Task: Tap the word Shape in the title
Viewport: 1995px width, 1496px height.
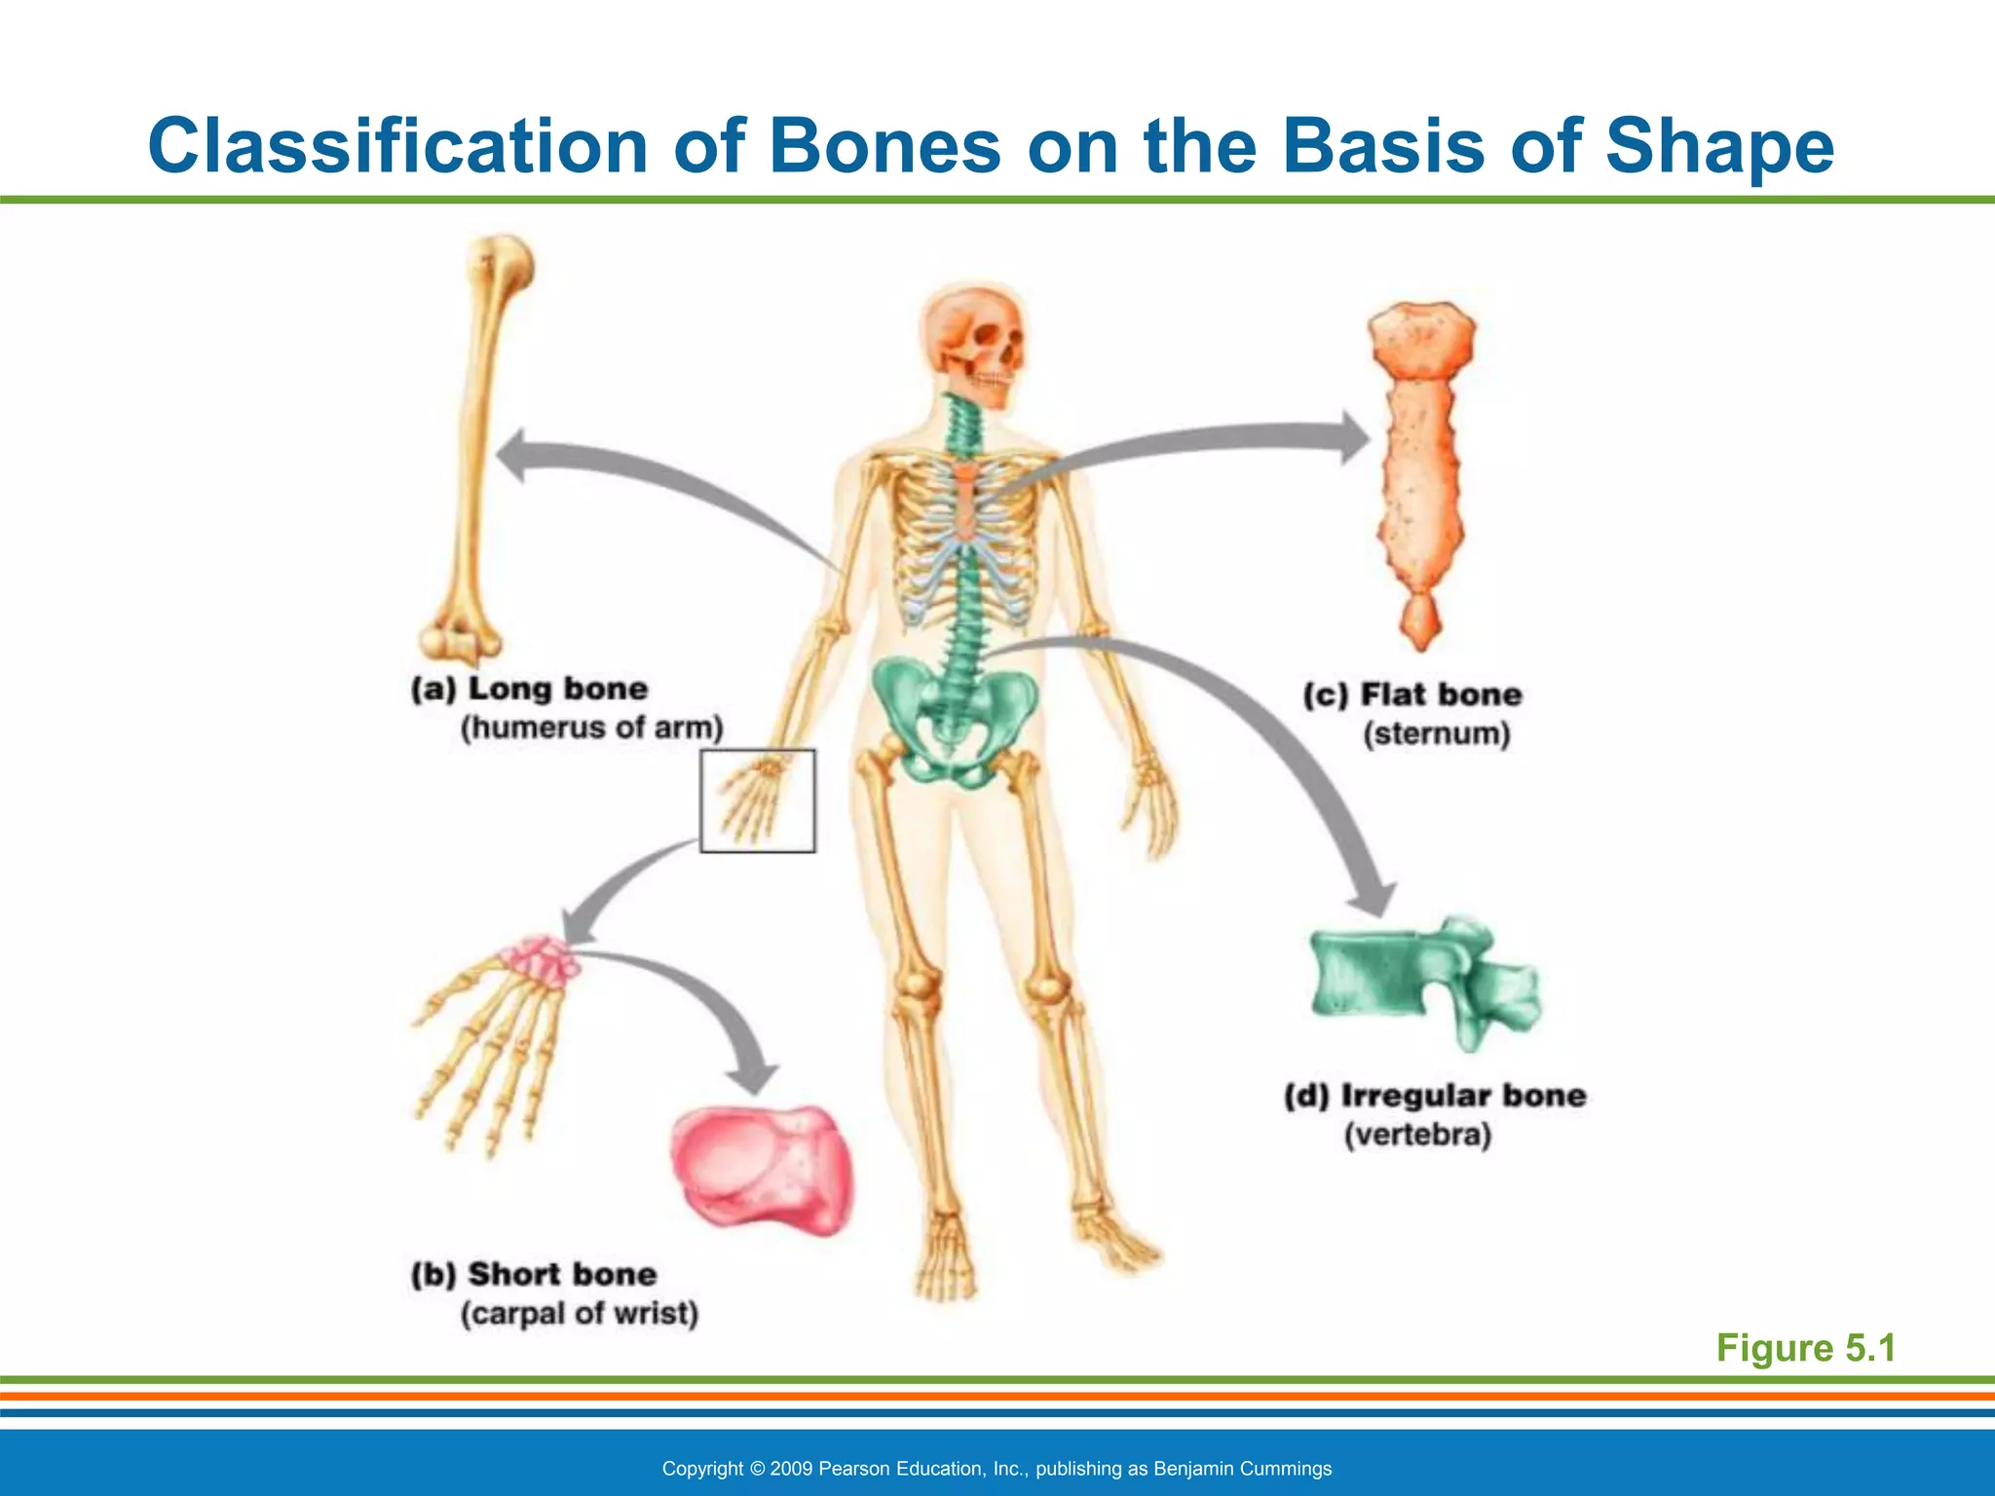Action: (x=1719, y=146)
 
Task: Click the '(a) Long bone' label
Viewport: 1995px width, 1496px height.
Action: (x=529, y=689)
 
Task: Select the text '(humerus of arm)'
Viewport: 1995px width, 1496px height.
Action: (x=591, y=728)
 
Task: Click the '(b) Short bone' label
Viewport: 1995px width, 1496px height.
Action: (x=533, y=1274)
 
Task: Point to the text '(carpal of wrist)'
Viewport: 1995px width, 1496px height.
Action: (x=579, y=1314)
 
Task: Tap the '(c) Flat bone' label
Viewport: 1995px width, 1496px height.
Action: (x=1412, y=694)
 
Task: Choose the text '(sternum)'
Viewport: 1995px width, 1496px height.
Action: (x=1436, y=733)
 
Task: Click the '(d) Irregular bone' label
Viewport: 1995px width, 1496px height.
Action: (x=1435, y=1096)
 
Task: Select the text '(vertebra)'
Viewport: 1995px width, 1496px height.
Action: (x=1417, y=1136)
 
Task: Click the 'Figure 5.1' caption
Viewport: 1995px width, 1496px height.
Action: (x=1805, y=1348)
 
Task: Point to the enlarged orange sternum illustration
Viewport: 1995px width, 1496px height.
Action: (x=1420, y=467)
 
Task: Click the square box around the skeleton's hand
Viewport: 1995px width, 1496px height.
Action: (x=758, y=801)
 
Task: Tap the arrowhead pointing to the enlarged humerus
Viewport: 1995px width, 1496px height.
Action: (x=516, y=456)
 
